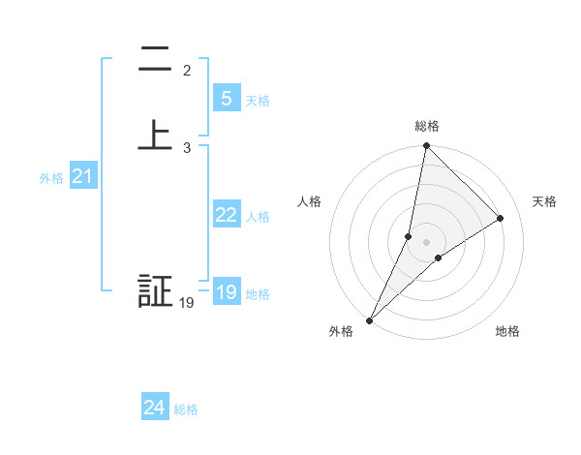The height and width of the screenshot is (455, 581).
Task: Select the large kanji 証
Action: (155, 292)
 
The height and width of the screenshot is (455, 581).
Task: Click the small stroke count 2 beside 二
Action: (187, 71)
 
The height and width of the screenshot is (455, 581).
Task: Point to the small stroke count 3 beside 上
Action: (187, 147)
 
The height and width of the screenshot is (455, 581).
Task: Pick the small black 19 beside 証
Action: (187, 303)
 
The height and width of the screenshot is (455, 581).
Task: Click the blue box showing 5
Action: (226, 98)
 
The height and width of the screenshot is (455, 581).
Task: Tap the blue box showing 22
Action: (226, 215)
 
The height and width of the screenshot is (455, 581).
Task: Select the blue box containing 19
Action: (226, 292)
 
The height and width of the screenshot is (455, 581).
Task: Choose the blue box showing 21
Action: (82, 176)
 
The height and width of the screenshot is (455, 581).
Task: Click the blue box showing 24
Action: (154, 408)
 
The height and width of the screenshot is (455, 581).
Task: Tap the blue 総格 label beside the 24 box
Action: (187, 409)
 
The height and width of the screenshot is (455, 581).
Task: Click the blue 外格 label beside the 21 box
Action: (51, 178)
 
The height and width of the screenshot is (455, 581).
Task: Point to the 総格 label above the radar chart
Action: (426, 126)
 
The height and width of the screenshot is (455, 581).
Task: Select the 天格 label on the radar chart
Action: (545, 201)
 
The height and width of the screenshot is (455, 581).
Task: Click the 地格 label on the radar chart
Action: (507, 331)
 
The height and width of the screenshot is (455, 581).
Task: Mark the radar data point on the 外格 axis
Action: (370, 319)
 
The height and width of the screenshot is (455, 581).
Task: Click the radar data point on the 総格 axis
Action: (426, 146)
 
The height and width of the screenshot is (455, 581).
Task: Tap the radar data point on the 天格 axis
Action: (501, 218)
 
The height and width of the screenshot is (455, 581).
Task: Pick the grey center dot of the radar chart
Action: (426, 242)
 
